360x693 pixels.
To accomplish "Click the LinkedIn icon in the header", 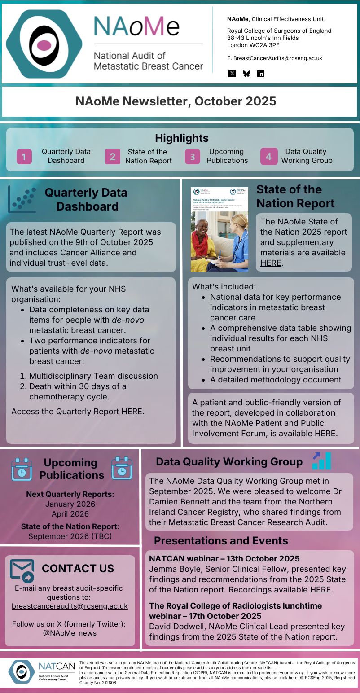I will pyautogui.click(x=261, y=74).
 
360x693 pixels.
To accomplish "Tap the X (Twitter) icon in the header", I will pyautogui.click(x=232, y=74).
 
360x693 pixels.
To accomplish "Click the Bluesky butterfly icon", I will pyautogui.click(x=246, y=74).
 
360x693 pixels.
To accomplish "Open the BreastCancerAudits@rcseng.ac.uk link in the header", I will pyautogui.click(x=277, y=58).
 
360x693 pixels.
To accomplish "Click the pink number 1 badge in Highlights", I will pyautogui.click(x=24, y=157).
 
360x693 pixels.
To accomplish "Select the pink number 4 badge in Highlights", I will pyautogui.click(x=268, y=157).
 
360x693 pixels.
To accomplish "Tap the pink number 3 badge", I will pyautogui.click(x=193, y=157).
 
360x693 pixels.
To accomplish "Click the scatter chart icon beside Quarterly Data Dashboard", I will pyautogui.click(x=22, y=199).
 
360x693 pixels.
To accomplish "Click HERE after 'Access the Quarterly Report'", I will pyautogui.click(x=132, y=412).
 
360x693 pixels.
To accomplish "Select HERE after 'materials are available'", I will pyautogui.click(x=271, y=263).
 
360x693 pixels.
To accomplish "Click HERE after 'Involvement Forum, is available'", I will pyautogui.click(x=325, y=434).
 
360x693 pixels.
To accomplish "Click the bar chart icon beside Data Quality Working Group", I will pyautogui.click(x=322, y=461).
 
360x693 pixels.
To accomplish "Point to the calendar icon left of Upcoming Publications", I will pyautogui.click(x=21, y=469).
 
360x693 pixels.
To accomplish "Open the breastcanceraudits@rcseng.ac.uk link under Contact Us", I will pyautogui.click(x=70, y=606).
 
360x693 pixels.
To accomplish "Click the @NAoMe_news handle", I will pyautogui.click(x=73, y=633).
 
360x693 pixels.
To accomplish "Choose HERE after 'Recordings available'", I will pyautogui.click(x=320, y=590).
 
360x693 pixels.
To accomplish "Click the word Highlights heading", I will pyautogui.click(x=182, y=138).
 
